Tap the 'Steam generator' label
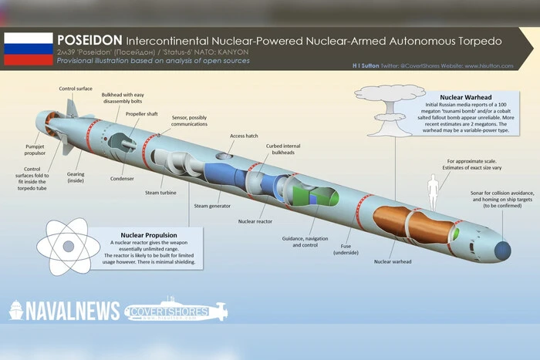[213, 206]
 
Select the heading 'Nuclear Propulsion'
[149, 234]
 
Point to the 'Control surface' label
[77, 89]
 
